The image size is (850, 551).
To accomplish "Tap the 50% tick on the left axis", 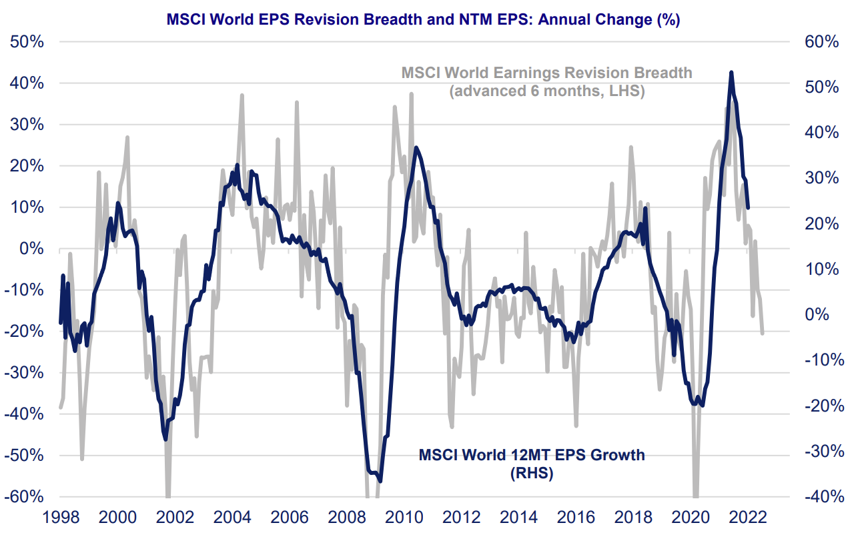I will (x=27, y=42).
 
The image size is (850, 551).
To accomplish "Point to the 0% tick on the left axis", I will (x=32, y=249).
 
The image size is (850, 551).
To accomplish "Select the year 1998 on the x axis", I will (x=61, y=518).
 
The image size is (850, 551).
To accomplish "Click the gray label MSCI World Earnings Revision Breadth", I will (x=546, y=72).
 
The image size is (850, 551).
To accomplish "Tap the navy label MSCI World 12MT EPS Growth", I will (x=532, y=455).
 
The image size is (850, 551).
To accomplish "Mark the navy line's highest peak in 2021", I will (x=731, y=73).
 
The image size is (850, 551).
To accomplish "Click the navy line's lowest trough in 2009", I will (x=380, y=480).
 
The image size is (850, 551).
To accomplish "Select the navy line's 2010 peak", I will (x=416, y=148).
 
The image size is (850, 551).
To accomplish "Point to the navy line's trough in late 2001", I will (x=165, y=438).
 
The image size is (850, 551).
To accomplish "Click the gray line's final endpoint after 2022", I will (x=763, y=332).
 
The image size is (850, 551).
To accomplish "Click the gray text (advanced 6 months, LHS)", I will (x=546, y=91).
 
